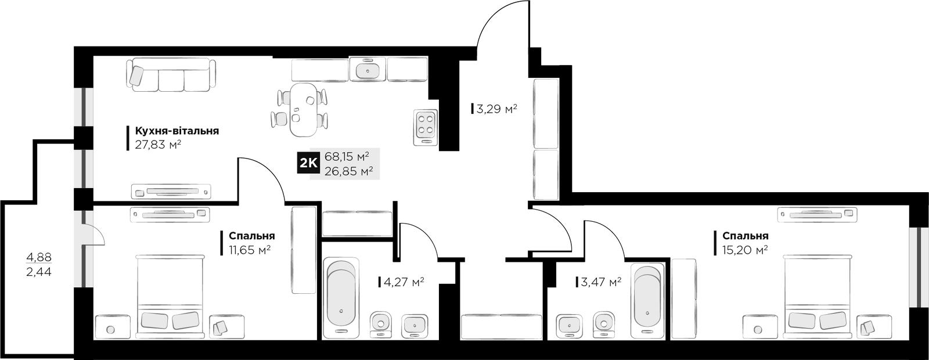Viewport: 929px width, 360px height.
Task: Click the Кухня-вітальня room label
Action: click(x=177, y=131)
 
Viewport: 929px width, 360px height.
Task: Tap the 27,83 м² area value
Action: click(x=159, y=145)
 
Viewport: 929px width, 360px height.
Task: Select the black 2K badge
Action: click(x=308, y=163)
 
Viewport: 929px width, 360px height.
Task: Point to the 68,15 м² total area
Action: click(x=347, y=157)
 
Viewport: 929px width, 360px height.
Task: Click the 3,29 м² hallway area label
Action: click(x=497, y=109)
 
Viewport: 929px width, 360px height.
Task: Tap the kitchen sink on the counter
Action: click(x=368, y=69)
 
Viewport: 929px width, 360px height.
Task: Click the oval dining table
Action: click(x=303, y=110)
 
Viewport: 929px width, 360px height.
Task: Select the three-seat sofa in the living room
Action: click(x=171, y=75)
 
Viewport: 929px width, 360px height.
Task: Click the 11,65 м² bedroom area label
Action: click(x=250, y=250)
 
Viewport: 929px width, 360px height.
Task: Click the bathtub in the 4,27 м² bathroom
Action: click(x=341, y=298)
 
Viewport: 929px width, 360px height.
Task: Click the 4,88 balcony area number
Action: click(x=39, y=258)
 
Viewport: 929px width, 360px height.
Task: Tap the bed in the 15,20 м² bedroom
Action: click(x=816, y=297)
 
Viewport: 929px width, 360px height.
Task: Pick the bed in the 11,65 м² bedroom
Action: click(x=171, y=297)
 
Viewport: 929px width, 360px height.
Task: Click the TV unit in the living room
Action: click(x=171, y=192)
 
